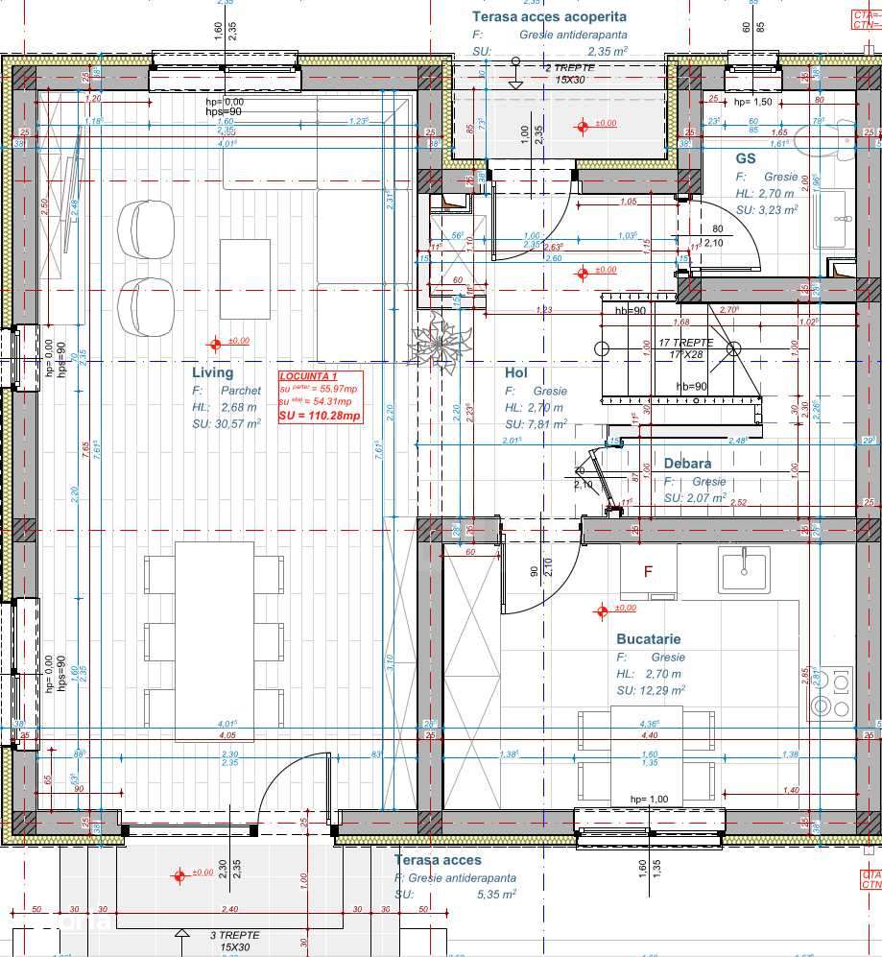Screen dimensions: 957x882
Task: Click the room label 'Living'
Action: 212,372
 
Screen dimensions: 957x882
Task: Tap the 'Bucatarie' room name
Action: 649,638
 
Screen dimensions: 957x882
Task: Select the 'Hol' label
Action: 517,372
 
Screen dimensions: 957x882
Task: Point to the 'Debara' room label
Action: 688,464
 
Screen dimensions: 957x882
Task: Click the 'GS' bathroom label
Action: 746,158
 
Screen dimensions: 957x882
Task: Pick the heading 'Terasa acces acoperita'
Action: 549,16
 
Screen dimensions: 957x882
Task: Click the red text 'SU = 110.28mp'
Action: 320,416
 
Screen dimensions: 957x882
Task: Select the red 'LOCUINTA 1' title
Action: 308,377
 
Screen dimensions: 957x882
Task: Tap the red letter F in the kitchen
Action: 648,572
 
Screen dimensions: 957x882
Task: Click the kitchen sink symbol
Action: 744,568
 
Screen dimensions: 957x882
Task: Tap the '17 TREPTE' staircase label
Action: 685,343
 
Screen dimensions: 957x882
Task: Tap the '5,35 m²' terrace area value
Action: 494,893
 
